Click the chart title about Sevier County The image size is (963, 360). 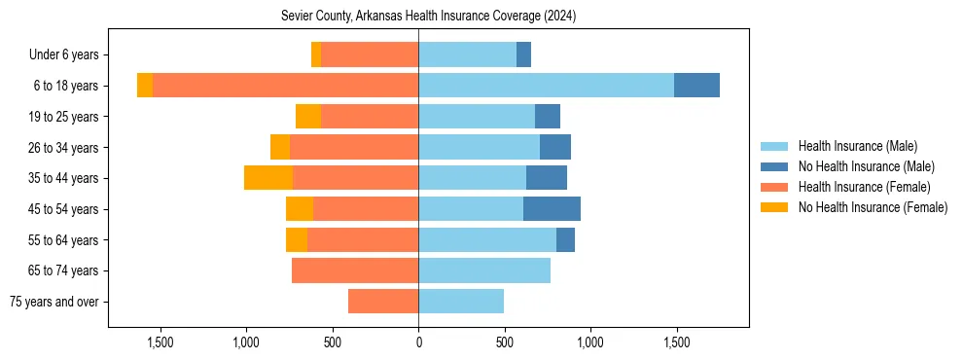429,16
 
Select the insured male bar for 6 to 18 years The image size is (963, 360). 546,86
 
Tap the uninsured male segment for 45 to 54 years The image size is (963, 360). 552,209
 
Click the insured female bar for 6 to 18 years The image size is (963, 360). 285,86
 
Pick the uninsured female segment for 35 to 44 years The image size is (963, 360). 268,178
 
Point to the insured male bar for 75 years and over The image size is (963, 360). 461,302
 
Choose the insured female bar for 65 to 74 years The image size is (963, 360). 355,270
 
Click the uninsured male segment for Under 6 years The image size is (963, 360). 523,55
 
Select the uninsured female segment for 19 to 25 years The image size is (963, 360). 308,117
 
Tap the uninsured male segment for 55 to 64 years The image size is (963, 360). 565,239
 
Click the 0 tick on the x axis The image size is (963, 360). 418,342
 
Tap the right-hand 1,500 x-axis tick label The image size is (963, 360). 676,342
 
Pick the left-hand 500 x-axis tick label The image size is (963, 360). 333,342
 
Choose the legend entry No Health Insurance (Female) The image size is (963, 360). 873,207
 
